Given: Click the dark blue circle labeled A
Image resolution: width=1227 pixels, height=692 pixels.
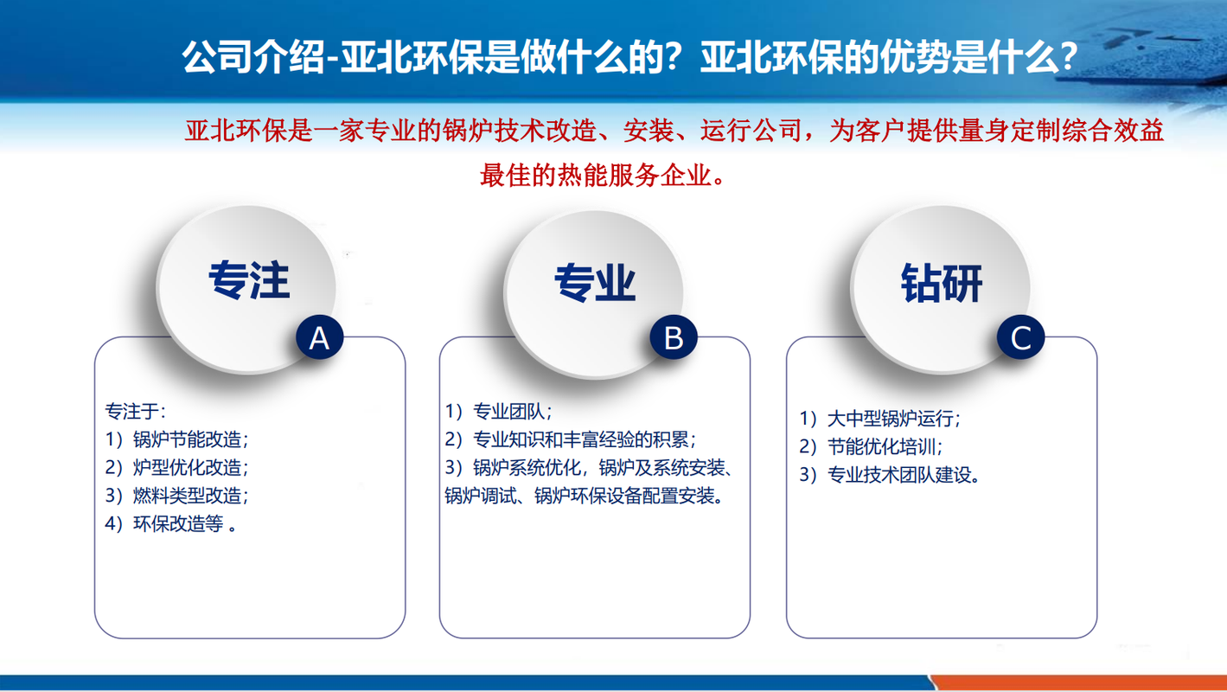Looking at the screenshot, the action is click(320, 337).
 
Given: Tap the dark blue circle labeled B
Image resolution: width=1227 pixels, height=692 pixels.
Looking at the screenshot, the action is click(674, 337).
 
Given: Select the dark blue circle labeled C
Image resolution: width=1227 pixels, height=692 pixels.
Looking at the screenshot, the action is click(1020, 337).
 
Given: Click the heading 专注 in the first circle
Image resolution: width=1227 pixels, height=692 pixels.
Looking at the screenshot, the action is click(249, 280).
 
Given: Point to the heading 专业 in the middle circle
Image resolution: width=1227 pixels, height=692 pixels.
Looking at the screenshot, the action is click(595, 283).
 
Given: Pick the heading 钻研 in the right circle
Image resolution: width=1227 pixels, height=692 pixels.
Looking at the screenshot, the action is click(942, 283).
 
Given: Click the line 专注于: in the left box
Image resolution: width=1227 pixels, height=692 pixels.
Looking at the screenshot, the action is click(135, 411).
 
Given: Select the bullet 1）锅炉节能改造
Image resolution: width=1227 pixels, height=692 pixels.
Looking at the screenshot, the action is click(176, 439).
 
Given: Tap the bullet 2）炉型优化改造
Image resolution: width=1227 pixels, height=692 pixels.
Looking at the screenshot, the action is click(176, 467).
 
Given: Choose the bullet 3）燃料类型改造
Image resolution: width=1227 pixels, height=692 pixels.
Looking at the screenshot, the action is click(176, 496).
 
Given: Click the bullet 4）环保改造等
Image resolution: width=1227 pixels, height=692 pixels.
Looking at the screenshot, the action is click(170, 524).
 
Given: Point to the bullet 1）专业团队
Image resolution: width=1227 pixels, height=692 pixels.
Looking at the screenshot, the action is click(498, 411).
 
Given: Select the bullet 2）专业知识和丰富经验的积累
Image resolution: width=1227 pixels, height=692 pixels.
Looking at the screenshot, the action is click(570, 439).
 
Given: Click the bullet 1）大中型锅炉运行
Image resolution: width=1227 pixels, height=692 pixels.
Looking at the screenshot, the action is click(879, 419).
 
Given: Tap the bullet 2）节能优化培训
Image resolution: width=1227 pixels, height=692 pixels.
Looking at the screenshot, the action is click(871, 446).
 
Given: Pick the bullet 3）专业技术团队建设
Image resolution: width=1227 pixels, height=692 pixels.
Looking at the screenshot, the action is click(890, 475).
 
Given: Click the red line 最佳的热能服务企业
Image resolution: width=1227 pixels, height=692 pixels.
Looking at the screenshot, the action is click(603, 176).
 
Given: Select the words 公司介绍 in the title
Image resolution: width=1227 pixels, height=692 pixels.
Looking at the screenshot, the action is click(253, 57).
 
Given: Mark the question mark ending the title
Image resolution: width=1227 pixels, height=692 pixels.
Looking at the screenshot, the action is click(1068, 57).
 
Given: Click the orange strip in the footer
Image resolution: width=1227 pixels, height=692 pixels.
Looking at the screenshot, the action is click(1079, 682).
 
